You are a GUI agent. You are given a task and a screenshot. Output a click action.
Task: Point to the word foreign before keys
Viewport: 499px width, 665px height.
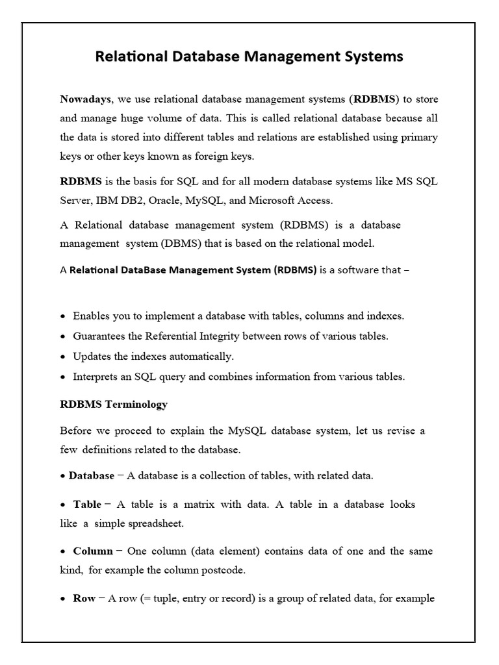pyautogui.click(x=210, y=157)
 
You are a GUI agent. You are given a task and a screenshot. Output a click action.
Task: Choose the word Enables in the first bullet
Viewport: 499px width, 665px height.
pyautogui.click(x=92, y=316)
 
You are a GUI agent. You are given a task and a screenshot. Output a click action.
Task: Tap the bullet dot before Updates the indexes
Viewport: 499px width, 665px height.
pyautogui.click(x=63, y=357)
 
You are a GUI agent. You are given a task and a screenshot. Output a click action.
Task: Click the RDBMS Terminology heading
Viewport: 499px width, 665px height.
pyautogui.click(x=114, y=405)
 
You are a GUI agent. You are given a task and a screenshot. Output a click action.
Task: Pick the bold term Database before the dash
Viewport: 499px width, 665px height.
pyautogui.click(x=92, y=475)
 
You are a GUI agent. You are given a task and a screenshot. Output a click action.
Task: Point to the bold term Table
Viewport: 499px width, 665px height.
pyautogui.click(x=87, y=504)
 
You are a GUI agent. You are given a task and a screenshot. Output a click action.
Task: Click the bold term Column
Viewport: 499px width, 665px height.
pyautogui.click(x=93, y=551)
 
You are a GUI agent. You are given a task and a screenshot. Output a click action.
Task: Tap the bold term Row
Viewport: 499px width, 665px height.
pyautogui.click(x=84, y=598)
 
